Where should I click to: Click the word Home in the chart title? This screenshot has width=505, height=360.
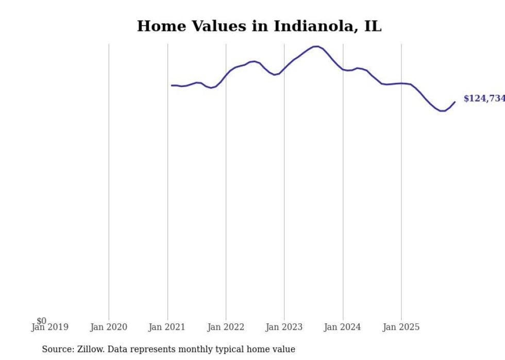coord(156,26)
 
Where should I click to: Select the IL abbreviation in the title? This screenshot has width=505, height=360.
coord(373,26)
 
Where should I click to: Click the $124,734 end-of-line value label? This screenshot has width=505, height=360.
coord(484,98)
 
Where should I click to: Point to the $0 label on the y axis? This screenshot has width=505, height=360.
coord(41,321)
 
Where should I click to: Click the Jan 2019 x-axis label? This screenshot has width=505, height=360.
coord(49,327)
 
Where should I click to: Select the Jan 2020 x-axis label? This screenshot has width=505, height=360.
coord(109,327)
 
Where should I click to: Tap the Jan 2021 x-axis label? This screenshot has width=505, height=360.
coord(167,327)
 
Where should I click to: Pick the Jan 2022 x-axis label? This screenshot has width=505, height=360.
coord(226,327)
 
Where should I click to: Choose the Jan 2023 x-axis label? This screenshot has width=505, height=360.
coord(284,327)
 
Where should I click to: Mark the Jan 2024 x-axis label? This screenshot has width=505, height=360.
coord(343,327)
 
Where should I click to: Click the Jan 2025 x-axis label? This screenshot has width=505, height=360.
coord(401,327)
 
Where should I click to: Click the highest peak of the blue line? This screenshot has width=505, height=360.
coord(316,46)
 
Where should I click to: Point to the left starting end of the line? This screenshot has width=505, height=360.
coord(172,85)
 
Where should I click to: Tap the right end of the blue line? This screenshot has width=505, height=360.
coord(454,102)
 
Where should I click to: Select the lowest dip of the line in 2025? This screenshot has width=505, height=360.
coord(442,111)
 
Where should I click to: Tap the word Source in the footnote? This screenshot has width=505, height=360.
coord(57,349)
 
